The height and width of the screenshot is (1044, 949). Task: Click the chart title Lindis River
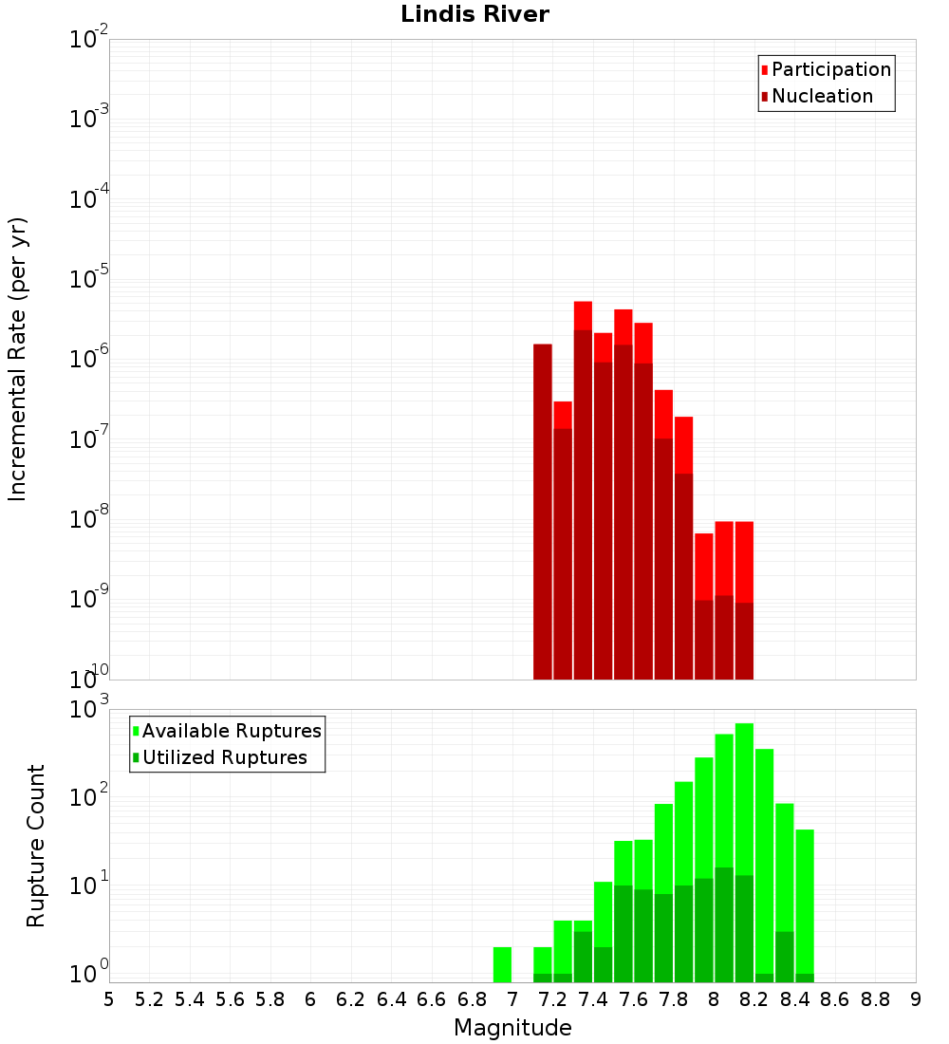(x=474, y=14)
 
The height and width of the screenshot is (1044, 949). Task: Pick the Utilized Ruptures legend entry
(x=223, y=757)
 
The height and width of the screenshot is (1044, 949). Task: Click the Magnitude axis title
(x=512, y=1028)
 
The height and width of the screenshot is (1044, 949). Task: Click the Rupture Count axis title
(x=36, y=845)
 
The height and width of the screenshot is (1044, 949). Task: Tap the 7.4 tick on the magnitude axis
(x=593, y=999)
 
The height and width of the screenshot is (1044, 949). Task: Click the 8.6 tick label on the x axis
(x=835, y=999)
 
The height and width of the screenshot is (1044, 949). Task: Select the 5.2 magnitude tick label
(x=150, y=999)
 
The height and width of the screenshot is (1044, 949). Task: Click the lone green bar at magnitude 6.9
(x=502, y=964)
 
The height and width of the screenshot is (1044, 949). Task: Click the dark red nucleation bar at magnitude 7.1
(x=543, y=513)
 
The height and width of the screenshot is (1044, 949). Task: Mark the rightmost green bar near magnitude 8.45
(x=805, y=902)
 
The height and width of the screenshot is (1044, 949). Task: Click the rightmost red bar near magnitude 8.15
(x=744, y=560)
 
